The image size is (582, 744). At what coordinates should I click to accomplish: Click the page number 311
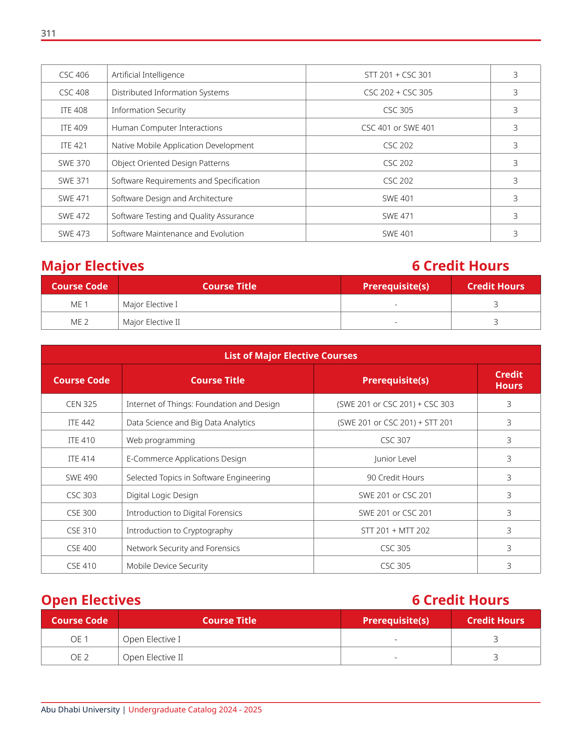tap(48, 34)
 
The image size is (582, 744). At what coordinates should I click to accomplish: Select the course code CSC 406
tap(74, 75)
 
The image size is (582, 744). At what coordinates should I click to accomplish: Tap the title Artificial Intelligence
tap(148, 75)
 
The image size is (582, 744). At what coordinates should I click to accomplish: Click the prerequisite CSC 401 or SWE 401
tap(398, 128)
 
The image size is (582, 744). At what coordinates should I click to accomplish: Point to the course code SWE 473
tap(74, 234)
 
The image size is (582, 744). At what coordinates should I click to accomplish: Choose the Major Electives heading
tap(93, 266)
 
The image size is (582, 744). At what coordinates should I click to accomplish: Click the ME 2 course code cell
tap(80, 322)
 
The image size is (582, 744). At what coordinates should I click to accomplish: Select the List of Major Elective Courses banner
tap(291, 356)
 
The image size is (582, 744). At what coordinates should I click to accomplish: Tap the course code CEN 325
tap(81, 404)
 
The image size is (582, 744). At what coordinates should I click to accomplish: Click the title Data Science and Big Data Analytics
tap(190, 423)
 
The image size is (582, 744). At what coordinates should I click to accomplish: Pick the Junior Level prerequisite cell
tap(395, 459)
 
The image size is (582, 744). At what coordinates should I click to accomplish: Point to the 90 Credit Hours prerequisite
tap(395, 478)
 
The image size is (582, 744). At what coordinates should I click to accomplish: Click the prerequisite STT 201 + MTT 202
tap(395, 530)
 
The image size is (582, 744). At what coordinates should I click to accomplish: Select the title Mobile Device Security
tap(167, 566)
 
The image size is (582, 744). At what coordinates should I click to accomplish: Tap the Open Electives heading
tap(91, 600)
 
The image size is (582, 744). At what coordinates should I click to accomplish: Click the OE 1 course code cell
tap(80, 639)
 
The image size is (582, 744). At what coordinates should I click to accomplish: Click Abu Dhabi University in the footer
tap(80, 710)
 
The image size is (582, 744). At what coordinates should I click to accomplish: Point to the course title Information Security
tap(149, 110)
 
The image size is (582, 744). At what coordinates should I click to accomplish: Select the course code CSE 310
tap(81, 530)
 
